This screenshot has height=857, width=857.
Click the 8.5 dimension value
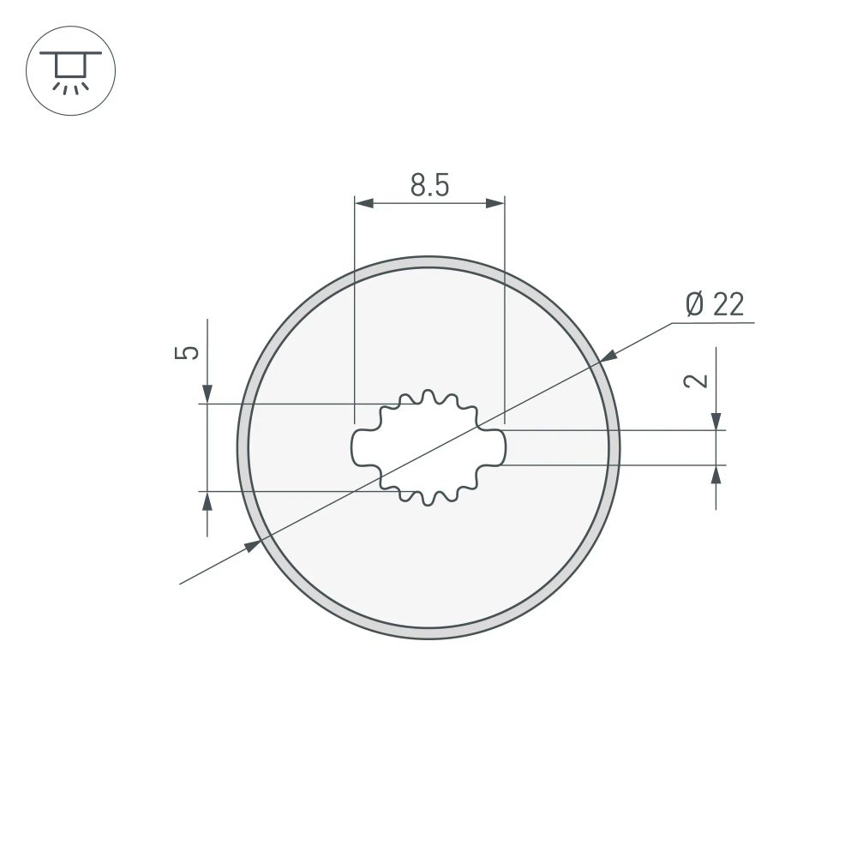pos(429,184)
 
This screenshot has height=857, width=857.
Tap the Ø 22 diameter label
pos(715,304)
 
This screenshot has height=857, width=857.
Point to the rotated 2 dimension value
pos(699,381)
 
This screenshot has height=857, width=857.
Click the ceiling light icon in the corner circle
pos(71,70)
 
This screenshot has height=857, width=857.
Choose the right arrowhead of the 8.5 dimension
pos(494,203)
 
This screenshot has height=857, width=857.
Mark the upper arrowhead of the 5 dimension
pos(207,393)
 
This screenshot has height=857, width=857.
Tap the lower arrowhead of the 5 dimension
pos(207,501)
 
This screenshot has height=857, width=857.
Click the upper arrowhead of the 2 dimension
pos(716,420)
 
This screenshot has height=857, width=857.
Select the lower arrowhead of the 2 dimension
pos(716,475)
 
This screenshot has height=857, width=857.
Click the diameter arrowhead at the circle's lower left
pos(251,546)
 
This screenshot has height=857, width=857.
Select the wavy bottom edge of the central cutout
pos(428,497)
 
